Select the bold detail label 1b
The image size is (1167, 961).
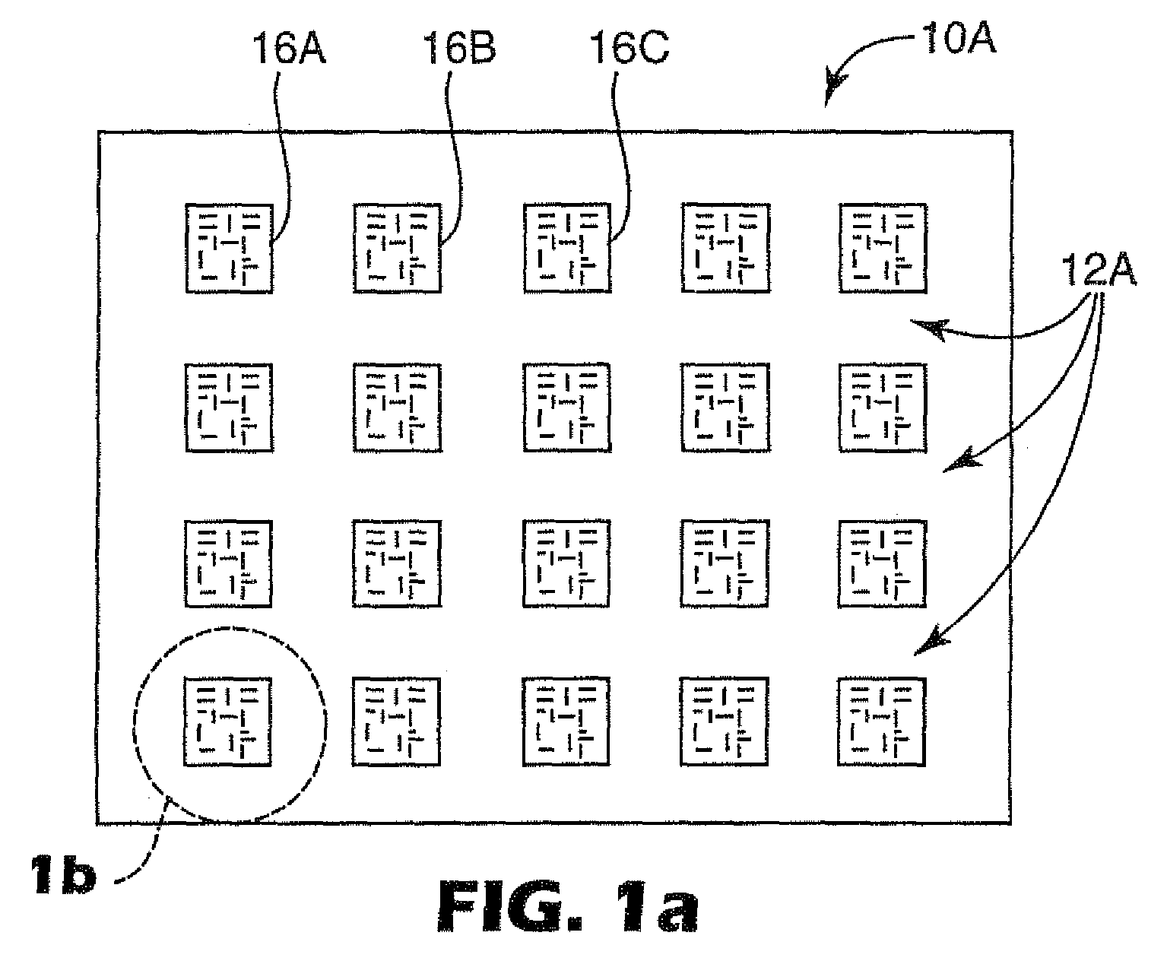pos(63,875)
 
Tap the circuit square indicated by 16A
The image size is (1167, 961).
pos(228,248)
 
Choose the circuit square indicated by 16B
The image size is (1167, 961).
pos(397,248)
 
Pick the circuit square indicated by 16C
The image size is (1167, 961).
pos(567,248)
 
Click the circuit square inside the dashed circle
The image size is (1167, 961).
pos(228,722)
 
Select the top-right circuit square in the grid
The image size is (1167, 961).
pos(882,248)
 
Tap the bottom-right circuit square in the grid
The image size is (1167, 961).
pos(882,722)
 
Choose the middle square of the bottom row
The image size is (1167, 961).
pos(567,722)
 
